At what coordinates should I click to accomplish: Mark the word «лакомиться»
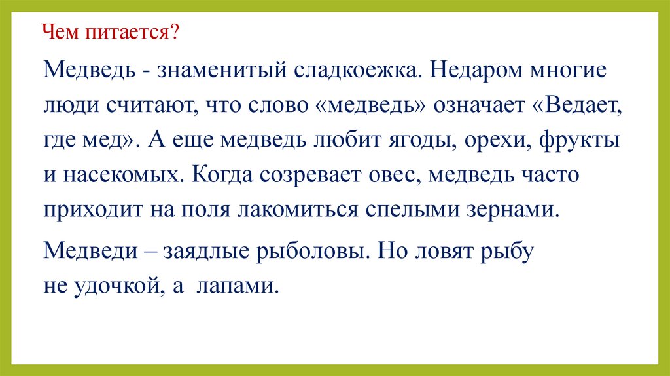[298, 211]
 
